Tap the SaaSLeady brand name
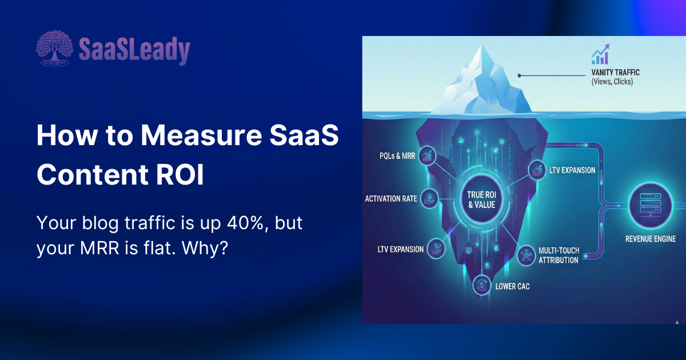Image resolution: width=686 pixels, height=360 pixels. pos(134,50)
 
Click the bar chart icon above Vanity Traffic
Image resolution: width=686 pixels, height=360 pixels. pos(600,55)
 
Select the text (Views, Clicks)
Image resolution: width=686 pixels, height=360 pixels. pos(612,82)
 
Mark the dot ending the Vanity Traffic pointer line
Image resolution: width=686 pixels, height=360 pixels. pos(519,75)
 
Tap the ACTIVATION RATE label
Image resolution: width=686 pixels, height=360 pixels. pos(391,199)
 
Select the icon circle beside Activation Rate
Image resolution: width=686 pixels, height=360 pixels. pos(429,198)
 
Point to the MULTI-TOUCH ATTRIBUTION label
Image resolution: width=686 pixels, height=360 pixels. pos(559,255)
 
